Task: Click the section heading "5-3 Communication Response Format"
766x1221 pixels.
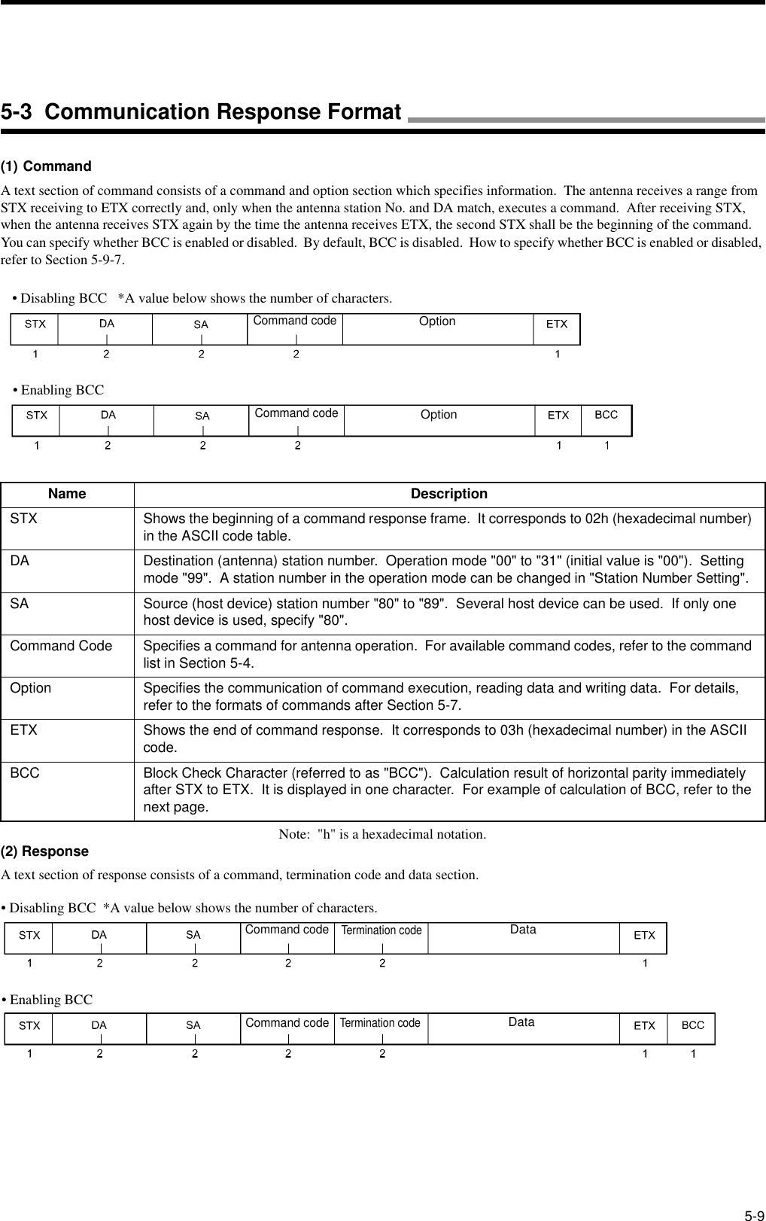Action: (201, 112)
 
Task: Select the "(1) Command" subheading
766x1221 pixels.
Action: (46, 166)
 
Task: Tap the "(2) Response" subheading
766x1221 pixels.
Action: (44, 851)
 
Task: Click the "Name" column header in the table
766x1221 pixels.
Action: (67, 494)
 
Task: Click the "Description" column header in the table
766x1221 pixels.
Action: (448, 494)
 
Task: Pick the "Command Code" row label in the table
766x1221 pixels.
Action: (61, 646)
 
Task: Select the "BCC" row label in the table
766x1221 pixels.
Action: (25, 773)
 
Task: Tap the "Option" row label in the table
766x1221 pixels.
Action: (31, 688)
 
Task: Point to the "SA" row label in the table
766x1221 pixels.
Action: (20, 604)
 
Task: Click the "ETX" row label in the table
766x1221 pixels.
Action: (23, 730)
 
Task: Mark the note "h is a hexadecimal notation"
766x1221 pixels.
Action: (382, 834)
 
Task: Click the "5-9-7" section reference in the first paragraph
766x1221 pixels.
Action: (107, 260)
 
